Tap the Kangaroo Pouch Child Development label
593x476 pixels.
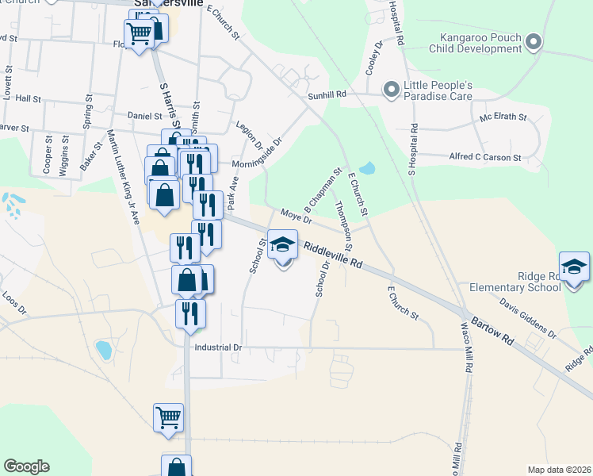click(474, 43)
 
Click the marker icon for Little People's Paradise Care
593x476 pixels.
click(390, 90)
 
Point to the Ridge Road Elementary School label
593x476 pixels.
click(515, 282)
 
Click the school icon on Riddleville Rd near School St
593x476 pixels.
click(282, 245)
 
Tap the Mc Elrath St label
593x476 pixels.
click(503, 117)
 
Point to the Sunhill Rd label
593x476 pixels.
click(327, 94)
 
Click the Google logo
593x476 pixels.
click(26, 466)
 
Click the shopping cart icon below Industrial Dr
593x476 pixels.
click(168, 417)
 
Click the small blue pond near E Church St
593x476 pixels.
click(366, 169)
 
